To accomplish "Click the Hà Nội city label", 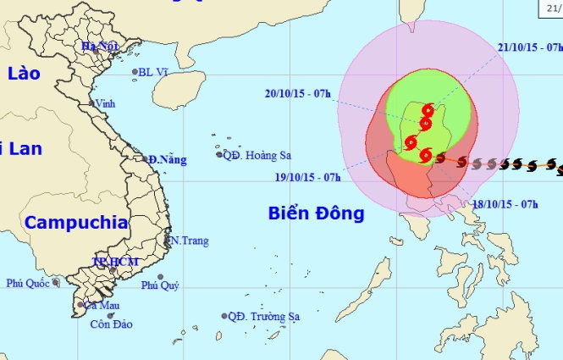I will click(99, 46).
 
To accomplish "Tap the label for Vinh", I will click(106, 103).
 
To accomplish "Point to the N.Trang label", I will click(190, 241).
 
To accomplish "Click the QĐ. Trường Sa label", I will click(264, 317).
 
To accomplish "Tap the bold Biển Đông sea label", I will click(316, 213).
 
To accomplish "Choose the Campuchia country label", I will click(76, 224).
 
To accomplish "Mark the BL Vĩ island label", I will click(154, 73).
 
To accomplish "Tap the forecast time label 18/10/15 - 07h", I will click(506, 204).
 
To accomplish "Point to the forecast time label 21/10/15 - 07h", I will click(530, 47).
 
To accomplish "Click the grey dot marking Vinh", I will click(92, 103).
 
